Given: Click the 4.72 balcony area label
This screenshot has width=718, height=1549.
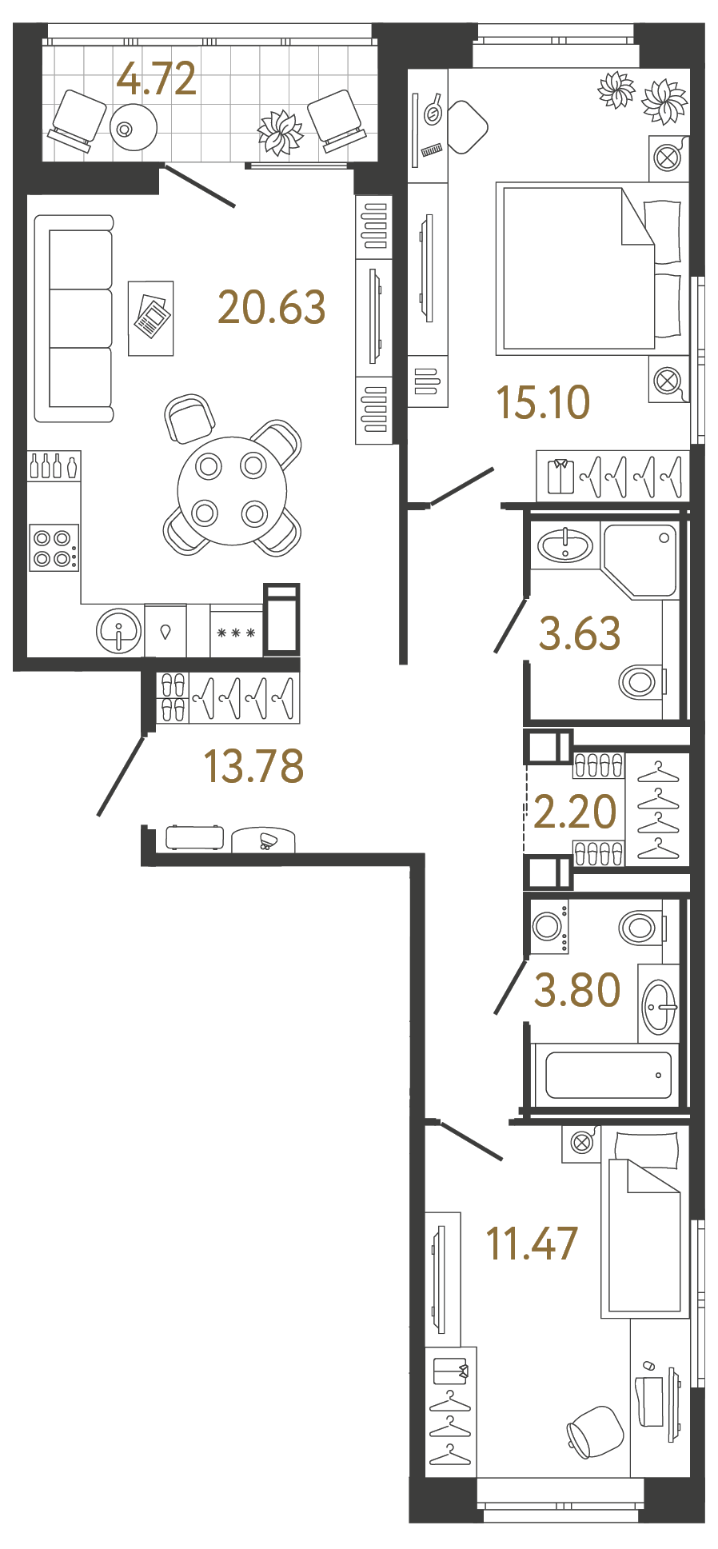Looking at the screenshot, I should coord(157,79).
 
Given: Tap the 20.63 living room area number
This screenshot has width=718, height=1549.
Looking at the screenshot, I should coord(272,307).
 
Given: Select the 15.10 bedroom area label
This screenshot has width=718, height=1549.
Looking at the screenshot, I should coord(543,401).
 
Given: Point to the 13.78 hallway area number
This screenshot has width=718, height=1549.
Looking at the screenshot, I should coord(253,765).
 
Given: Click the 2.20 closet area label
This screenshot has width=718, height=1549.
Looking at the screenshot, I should coord(575,812).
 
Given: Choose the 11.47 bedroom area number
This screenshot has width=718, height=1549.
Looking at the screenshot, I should coord(532,1244).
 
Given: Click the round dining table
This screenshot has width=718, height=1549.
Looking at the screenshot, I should coord(232,490).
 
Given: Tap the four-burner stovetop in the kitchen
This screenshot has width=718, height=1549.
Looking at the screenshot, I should coord(54,548).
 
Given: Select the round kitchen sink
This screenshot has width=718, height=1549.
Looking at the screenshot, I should coord(119,631).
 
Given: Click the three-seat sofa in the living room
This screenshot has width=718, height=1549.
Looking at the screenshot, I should coord(74,318).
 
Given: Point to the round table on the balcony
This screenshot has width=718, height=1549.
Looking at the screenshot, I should coord(134,127).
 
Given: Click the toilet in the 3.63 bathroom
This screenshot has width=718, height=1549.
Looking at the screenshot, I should coord(640,682).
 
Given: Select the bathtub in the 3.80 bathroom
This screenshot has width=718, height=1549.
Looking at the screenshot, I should coord(608,1075).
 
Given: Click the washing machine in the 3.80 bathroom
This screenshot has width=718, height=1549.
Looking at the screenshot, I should coord(549,927).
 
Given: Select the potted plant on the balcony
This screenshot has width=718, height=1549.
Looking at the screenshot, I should coord(280,132).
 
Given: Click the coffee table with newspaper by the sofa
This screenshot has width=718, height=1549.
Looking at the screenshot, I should coord(151,318).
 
